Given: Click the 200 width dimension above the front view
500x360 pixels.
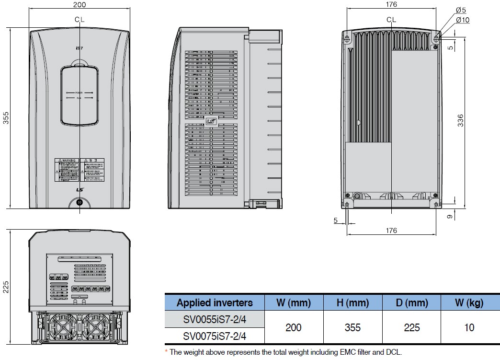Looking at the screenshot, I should point(80,5).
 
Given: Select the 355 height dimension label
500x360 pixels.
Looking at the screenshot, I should point(6,119).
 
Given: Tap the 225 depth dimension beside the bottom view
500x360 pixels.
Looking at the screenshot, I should point(6,287).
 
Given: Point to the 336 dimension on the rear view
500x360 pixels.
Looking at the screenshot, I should point(461,120).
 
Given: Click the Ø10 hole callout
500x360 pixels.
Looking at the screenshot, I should point(463,20).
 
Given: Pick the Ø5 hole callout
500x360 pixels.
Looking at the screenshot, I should point(461,10).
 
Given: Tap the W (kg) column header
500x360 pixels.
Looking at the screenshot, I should point(469,302).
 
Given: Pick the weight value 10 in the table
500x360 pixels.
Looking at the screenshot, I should point(469,327).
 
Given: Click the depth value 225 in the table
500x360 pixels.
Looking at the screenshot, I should point(411,327).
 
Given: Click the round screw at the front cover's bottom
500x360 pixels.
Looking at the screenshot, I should point(80,202).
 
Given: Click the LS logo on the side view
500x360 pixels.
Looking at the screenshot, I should point(211,122).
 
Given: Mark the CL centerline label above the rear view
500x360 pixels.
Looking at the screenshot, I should point(391,20).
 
